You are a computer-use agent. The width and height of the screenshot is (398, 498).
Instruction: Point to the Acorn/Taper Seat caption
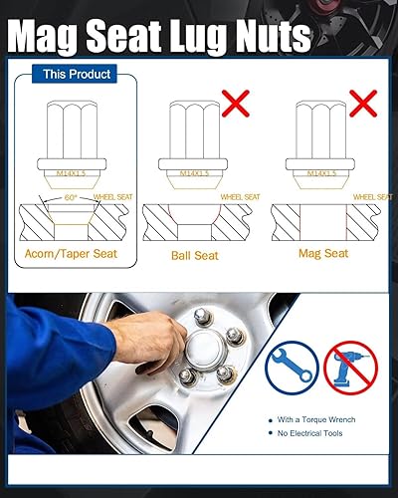click(71, 255)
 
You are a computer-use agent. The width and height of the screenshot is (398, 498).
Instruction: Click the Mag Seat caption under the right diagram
click(322, 254)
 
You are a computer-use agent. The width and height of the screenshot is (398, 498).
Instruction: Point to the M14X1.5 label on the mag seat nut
click(320, 174)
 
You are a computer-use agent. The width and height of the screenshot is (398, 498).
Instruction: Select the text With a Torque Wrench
click(317, 419)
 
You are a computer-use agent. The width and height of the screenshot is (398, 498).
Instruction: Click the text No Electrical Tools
click(312, 434)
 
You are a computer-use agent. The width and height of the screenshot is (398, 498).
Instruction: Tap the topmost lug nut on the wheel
click(202, 316)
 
